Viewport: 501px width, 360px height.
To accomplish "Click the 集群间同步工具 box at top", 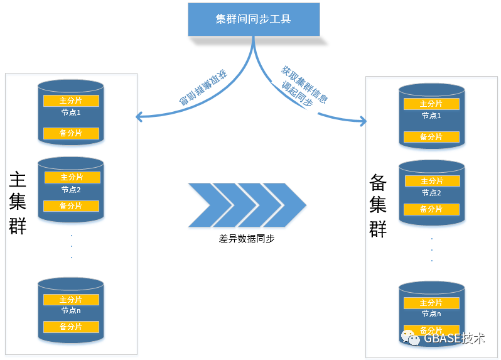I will click(254, 19).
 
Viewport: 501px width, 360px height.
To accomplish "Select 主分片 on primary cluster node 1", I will click(71, 101).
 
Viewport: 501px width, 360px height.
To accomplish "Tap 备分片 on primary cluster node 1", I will click(71, 133).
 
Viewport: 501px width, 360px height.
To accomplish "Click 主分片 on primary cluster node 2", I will click(71, 178).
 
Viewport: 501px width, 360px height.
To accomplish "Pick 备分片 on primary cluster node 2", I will click(71, 206).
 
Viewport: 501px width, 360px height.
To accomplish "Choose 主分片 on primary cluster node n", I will click(71, 300).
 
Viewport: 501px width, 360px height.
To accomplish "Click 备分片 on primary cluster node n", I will click(71, 327).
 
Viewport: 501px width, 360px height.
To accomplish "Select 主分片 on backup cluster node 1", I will click(431, 104).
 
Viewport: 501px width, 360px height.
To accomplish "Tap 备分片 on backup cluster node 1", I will click(431, 136).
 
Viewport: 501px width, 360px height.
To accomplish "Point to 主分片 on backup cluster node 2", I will click(431, 181).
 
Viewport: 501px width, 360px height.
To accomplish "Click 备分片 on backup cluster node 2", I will click(431, 209).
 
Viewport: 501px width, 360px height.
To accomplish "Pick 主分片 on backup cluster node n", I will click(431, 303).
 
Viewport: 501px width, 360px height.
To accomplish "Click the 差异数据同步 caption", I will click(247, 239).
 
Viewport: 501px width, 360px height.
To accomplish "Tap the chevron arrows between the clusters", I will click(247, 205).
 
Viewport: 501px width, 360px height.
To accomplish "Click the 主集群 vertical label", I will click(18, 202).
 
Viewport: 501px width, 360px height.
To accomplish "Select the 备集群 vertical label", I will click(378, 205).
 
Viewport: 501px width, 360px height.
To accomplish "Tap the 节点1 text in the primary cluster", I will click(71, 112).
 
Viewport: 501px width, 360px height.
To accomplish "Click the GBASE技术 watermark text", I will click(454, 339).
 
